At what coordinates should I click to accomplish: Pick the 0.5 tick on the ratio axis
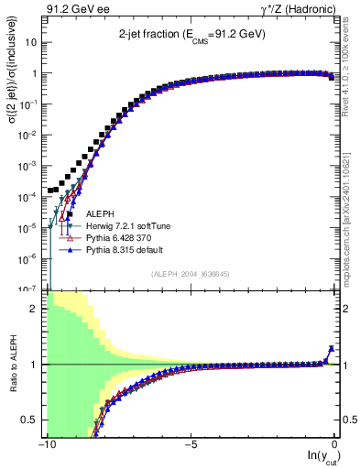click(x=30, y=420)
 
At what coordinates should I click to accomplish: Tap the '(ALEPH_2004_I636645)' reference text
click(x=191, y=273)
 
